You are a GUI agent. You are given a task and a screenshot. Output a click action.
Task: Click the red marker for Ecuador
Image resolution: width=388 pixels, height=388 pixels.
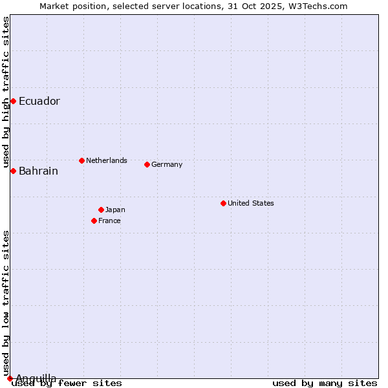(x=13, y=101)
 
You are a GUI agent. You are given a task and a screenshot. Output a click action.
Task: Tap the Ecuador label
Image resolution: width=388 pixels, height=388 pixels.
(x=39, y=102)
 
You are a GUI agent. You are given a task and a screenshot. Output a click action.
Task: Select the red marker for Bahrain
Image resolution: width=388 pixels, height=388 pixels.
(x=13, y=171)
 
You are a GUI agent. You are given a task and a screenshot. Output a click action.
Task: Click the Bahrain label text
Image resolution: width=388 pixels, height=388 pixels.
(x=38, y=171)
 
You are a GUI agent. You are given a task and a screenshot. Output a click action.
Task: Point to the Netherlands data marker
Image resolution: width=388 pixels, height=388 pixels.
(x=81, y=160)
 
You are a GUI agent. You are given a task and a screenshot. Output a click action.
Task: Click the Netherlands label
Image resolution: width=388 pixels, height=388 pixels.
(x=107, y=160)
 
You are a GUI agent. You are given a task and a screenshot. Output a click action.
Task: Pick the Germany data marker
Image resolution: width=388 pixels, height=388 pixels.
(x=147, y=164)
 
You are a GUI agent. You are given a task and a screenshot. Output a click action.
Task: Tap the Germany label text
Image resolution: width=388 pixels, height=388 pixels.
(x=167, y=164)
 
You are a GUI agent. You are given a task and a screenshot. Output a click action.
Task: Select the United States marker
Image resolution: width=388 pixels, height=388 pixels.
(x=223, y=203)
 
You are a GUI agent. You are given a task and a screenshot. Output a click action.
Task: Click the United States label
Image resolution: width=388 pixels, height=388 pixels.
(x=251, y=203)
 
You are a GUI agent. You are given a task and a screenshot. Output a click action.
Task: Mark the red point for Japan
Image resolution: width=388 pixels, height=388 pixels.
(x=101, y=210)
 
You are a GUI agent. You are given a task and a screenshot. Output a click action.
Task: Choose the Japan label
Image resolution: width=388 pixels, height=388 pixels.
(x=115, y=210)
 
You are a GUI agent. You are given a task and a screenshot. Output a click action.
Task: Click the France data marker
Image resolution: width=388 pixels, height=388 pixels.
(x=94, y=221)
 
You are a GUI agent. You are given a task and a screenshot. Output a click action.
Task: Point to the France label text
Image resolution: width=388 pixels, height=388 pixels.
(x=109, y=221)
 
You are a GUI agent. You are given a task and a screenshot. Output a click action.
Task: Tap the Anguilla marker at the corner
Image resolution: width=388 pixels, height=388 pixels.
(x=10, y=378)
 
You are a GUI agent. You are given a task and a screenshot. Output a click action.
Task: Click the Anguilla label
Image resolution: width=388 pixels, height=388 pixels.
(x=36, y=378)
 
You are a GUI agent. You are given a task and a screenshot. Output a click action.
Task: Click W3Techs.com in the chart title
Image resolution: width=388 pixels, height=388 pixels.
(x=317, y=6)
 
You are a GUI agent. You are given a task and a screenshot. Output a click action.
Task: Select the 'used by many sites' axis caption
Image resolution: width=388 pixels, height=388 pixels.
(x=325, y=383)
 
